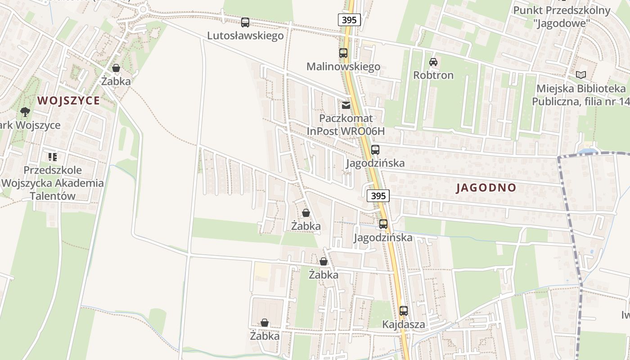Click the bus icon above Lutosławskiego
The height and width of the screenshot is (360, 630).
pos(245,22)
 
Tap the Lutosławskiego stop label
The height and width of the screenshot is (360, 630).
pos(245,36)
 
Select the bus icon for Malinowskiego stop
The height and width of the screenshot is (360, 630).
pos(343,53)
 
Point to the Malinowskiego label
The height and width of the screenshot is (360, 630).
pos(343,67)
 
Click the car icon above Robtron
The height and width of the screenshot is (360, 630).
pos(433,62)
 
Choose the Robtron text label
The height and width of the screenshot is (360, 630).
pos(433,75)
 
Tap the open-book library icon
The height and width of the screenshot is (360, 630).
pos(581,75)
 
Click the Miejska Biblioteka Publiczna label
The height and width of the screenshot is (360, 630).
pos(580,95)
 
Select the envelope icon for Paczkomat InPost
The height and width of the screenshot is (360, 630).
pos(346,105)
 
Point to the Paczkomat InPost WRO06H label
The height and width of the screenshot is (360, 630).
pos(346,125)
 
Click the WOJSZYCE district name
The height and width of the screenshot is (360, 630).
pos(69,100)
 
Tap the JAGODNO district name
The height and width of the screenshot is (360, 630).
pos(486,188)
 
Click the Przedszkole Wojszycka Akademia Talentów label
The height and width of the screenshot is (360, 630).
pos(53,183)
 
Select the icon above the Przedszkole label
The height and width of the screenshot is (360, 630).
pos(53,157)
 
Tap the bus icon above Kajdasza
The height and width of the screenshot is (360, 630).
pos(404,311)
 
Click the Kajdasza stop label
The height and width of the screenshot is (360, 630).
pos(404,324)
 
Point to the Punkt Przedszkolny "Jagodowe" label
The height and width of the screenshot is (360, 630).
pos(562,16)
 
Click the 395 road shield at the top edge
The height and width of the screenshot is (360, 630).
pos(349,20)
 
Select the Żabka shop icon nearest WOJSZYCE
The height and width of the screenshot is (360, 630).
pos(116,68)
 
